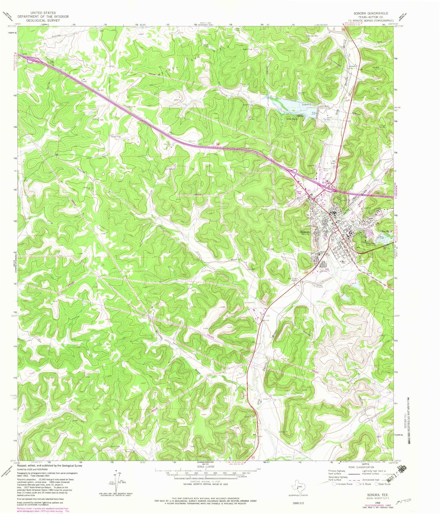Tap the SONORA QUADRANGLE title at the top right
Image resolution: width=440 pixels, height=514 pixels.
tap(371, 13)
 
